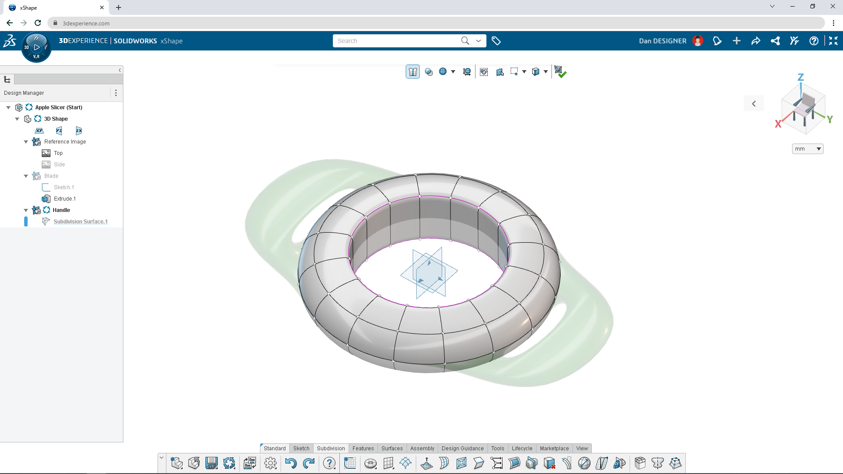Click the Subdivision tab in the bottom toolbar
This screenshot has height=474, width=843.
click(x=331, y=448)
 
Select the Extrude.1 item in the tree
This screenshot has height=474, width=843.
click(x=65, y=199)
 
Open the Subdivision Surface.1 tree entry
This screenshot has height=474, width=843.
click(x=80, y=222)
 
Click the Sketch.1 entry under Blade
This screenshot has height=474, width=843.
click(x=64, y=187)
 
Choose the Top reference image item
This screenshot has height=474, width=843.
click(x=58, y=153)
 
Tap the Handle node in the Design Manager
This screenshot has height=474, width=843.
click(x=61, y=210)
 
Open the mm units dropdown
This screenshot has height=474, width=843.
click(x=807, y=149)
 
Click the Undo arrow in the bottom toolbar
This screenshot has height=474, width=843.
click(x=290, y=463)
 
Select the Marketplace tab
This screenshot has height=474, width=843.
click(x=554, y=448)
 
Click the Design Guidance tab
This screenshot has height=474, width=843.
click(x=462, y=448)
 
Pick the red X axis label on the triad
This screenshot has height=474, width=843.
click(x=778, y=124)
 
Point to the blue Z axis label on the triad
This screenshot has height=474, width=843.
click(x=800, y=77)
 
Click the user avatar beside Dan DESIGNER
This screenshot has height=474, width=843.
click(x=698, y=41)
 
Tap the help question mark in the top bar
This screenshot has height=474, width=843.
click(x=814, y=41)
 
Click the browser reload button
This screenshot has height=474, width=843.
click(x=38, y=23)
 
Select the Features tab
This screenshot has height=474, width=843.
click(x=363, y=448)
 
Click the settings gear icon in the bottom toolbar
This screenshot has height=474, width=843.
click(x=270, y=463)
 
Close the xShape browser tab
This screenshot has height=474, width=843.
click(x=102, y=7)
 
